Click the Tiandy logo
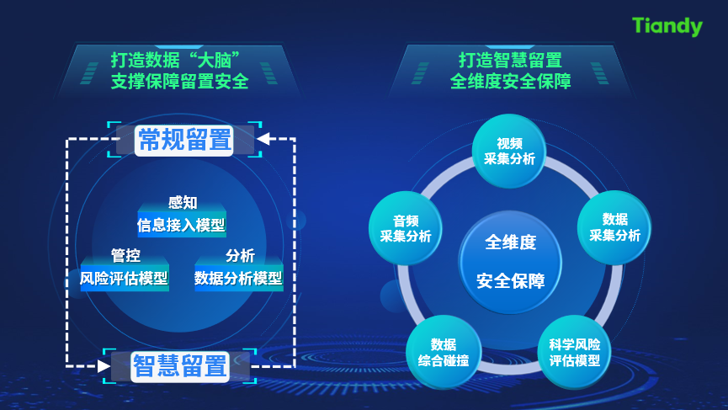click(x=667, y=26)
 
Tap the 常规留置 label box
click(x=184, y=139)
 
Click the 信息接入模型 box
click(x=182, y=225)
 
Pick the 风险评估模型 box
click(x=125, y=278)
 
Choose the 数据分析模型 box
click(x=239, y=278)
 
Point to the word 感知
click(x=183, y=202)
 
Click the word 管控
click(x=125, y=255)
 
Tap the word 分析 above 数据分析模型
click(x=240, y=255)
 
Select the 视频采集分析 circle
click(x=509, y=151)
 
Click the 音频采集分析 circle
click(x=406, y=228)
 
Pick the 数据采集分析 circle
click(x=614, y=227)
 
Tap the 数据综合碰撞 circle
click(x=444, y=352)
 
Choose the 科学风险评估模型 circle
click(x=574, y=352)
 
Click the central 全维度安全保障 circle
click(x=510, y=262)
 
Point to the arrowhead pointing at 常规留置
click(x=263, y=138)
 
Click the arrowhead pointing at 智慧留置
click(x=104, y=366)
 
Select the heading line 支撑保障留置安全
click(x=179, y=82)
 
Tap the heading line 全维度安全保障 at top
click(x=510, y=82)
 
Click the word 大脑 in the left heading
click(x=215, y=61)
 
